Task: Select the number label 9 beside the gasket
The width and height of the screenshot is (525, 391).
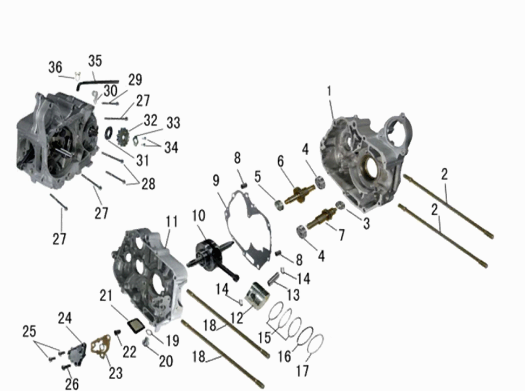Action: click(216, 181)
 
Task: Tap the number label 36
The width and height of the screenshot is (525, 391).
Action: click(55, 68)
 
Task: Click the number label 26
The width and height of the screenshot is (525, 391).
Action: click(72, 383)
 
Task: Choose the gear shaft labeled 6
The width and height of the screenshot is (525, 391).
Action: click(297, 194)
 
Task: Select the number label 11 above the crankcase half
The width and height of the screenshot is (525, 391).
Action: click(172, 222)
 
